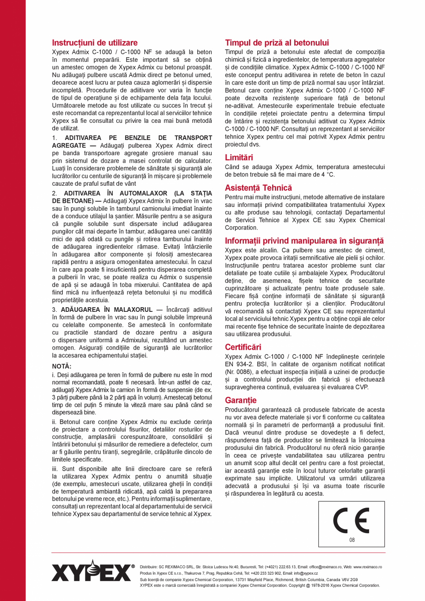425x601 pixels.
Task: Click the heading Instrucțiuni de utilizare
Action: click(95, 42)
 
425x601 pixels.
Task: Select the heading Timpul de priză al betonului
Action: click(277, 42)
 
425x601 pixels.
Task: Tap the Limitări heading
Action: click(239, 158)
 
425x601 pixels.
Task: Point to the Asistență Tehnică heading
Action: click(258, 188)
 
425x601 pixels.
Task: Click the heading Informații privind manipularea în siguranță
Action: click(304, 241)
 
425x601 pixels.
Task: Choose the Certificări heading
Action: click(243, 346)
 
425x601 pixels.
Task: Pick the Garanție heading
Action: click(241, 400)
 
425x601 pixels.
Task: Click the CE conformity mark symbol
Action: click(351, 521)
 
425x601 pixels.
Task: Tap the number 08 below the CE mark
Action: click(352, 540)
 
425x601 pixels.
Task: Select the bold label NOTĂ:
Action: click(62, 366)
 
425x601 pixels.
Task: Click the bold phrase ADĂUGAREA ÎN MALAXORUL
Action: click(106, 309)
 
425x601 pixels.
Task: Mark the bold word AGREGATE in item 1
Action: click(67, 145)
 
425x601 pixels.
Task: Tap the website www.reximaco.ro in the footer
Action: click(367, 566)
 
